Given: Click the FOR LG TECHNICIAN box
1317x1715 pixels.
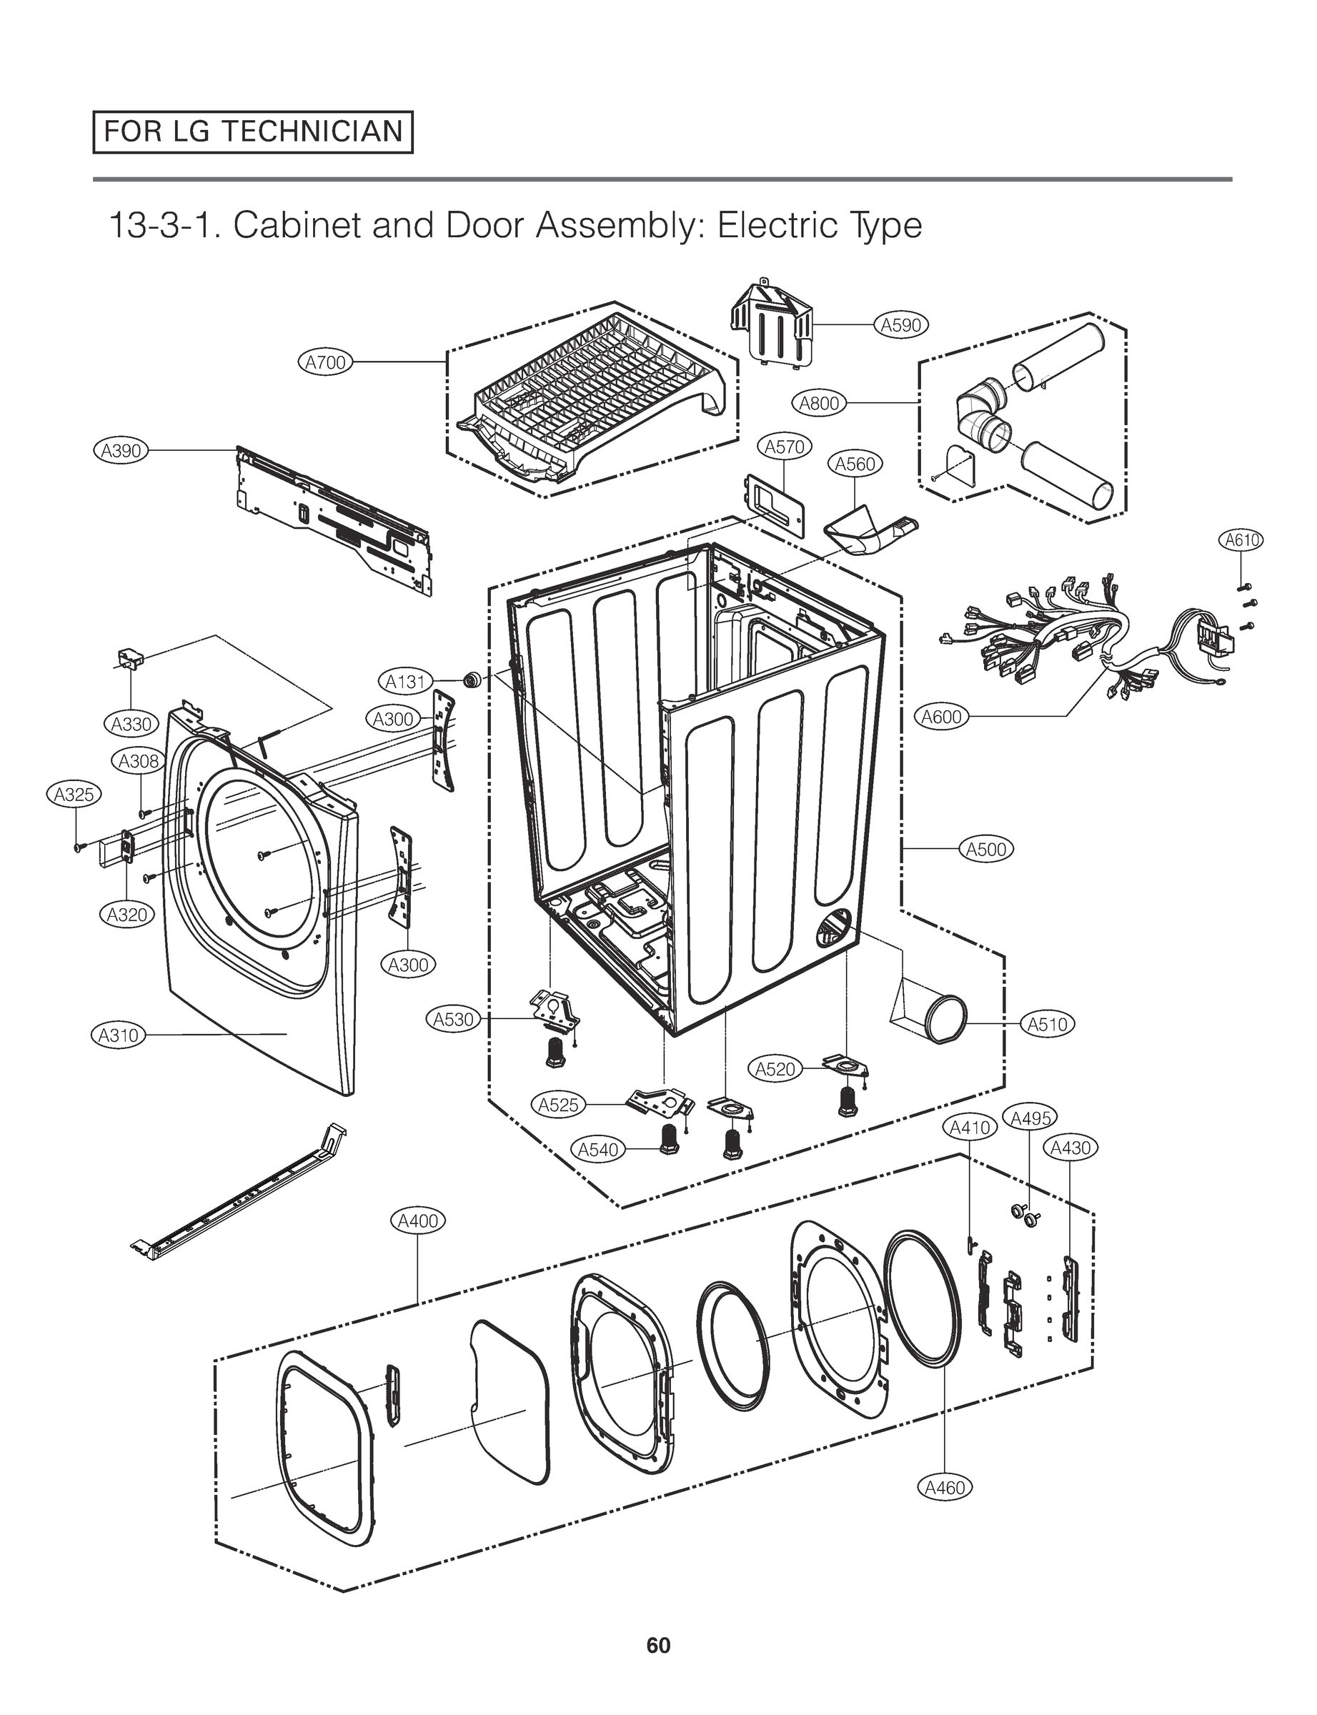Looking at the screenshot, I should tap(252, 131).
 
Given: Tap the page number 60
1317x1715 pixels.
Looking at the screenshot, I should tap(657, 1644).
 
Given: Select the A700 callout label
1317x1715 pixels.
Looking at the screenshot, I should tap(325, 362).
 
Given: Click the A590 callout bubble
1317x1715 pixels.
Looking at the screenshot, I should tap(900, 324).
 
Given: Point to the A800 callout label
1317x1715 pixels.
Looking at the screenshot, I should tap(818, 403).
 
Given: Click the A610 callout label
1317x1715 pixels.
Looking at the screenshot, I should tap(1242, 540).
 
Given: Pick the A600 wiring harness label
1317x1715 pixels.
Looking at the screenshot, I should tap(942, 717).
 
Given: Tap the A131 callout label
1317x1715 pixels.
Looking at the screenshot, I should tap(405, 681).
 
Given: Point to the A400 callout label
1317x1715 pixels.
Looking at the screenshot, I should tap(418, 1221).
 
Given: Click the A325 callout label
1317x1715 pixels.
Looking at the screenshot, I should tap(74, 794).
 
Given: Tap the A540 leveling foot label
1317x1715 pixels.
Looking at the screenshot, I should tap(598, 1149).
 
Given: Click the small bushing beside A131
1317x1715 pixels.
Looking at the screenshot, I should tap(473, 680).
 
